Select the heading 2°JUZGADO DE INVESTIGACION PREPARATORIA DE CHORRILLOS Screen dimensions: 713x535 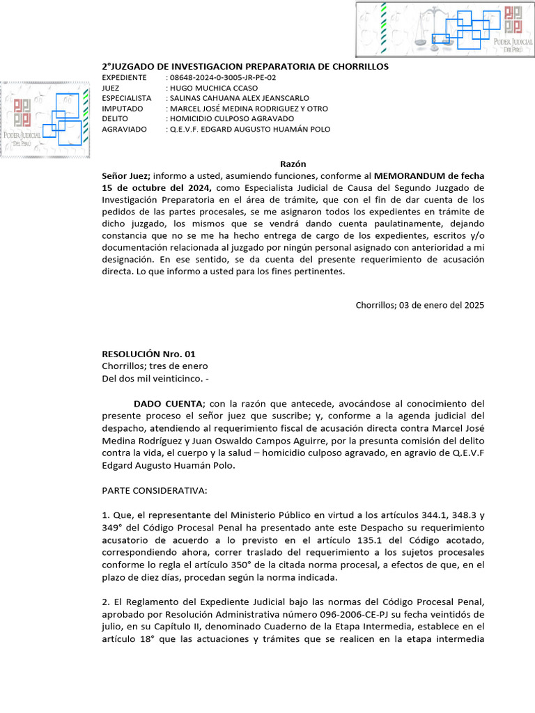click(x=245, y=66)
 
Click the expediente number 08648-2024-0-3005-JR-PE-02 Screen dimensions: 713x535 click(x=223, y=77)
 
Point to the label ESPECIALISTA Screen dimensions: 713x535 click(x=126, y=98)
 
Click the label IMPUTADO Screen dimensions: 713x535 click(x=122, y=109)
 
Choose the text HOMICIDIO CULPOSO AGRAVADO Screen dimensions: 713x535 click(x=222, y=119)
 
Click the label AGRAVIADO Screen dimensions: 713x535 click(x=124, y=130)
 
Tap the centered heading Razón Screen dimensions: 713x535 click(x=293, y=164)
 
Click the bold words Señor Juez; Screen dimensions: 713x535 click(x=127, y=175)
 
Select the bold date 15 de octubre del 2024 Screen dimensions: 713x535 click(x=157, y=188)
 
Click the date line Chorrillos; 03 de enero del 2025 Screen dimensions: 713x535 click(x=419, y=305)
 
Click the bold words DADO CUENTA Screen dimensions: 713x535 click(x=168, y=404)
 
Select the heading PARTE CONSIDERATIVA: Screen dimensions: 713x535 click(x=155, y=492)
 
